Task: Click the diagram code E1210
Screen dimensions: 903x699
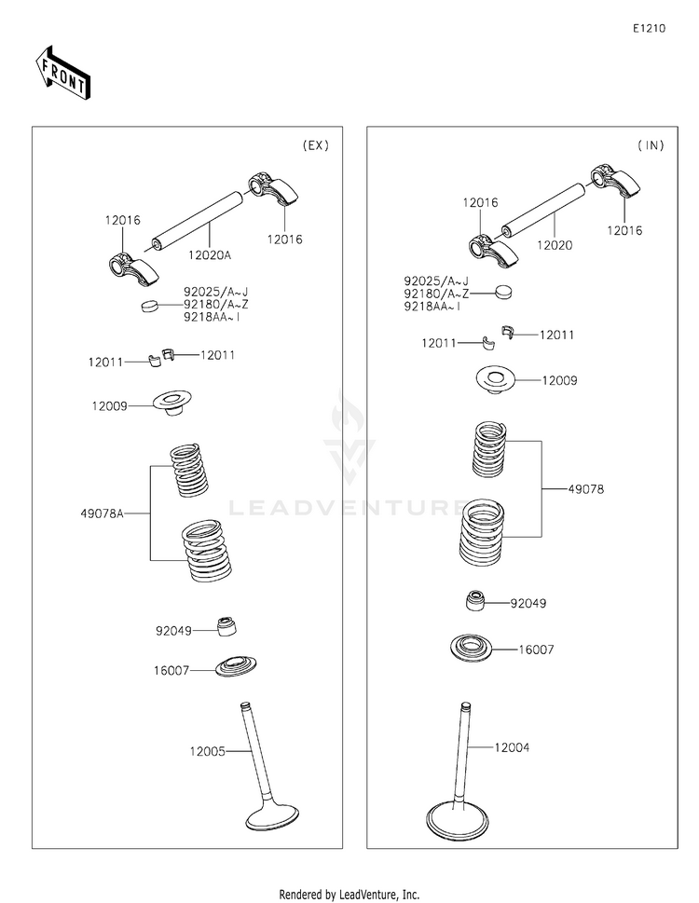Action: point(649,29)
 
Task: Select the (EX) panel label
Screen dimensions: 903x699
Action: point(316,145)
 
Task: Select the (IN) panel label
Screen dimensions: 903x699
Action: point(651,145)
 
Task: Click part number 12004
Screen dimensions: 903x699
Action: point(514,747)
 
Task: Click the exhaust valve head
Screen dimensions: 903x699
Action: point(271,815)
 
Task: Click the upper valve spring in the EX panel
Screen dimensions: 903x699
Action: point(191,470)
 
